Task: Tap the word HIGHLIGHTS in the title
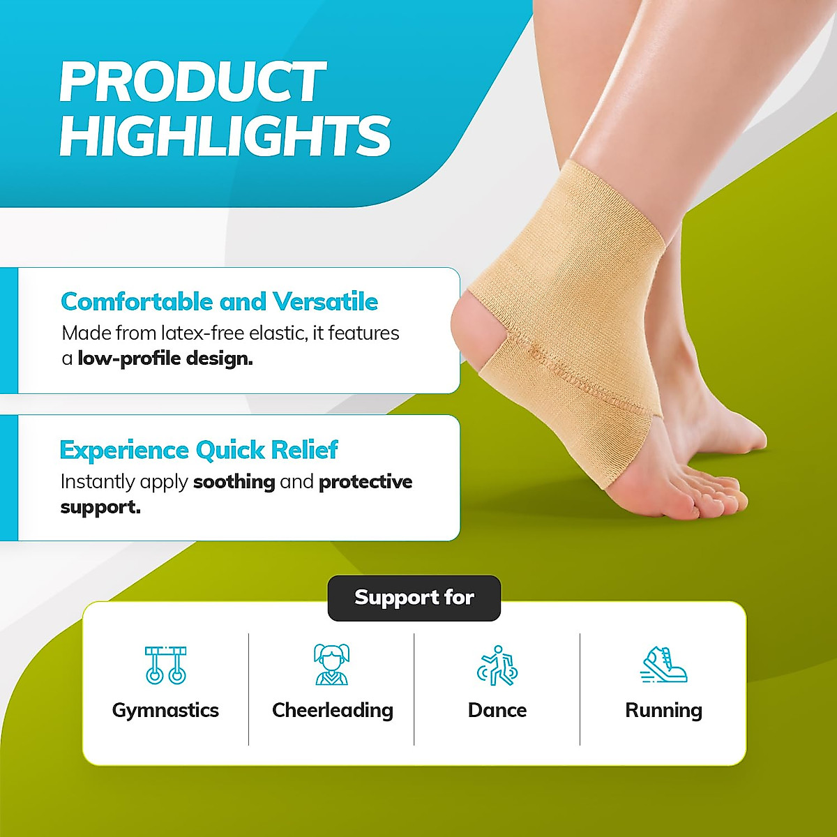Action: (225, 136)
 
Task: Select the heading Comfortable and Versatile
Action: (219, 302)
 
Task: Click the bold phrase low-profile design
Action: (165, 359)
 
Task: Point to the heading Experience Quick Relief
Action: (199, 451)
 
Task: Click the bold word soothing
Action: (234, 482)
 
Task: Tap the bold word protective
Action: (365, 482)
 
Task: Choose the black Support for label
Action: (414, 598)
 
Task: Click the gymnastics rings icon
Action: (165, 665)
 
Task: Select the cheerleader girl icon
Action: (331, 664)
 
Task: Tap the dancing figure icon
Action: (497, 665)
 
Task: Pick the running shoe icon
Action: (664, 665)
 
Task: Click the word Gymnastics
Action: (165, 710)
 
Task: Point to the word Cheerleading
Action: (332, 710)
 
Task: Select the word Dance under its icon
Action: (497, 710)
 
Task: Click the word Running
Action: (663, 710)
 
